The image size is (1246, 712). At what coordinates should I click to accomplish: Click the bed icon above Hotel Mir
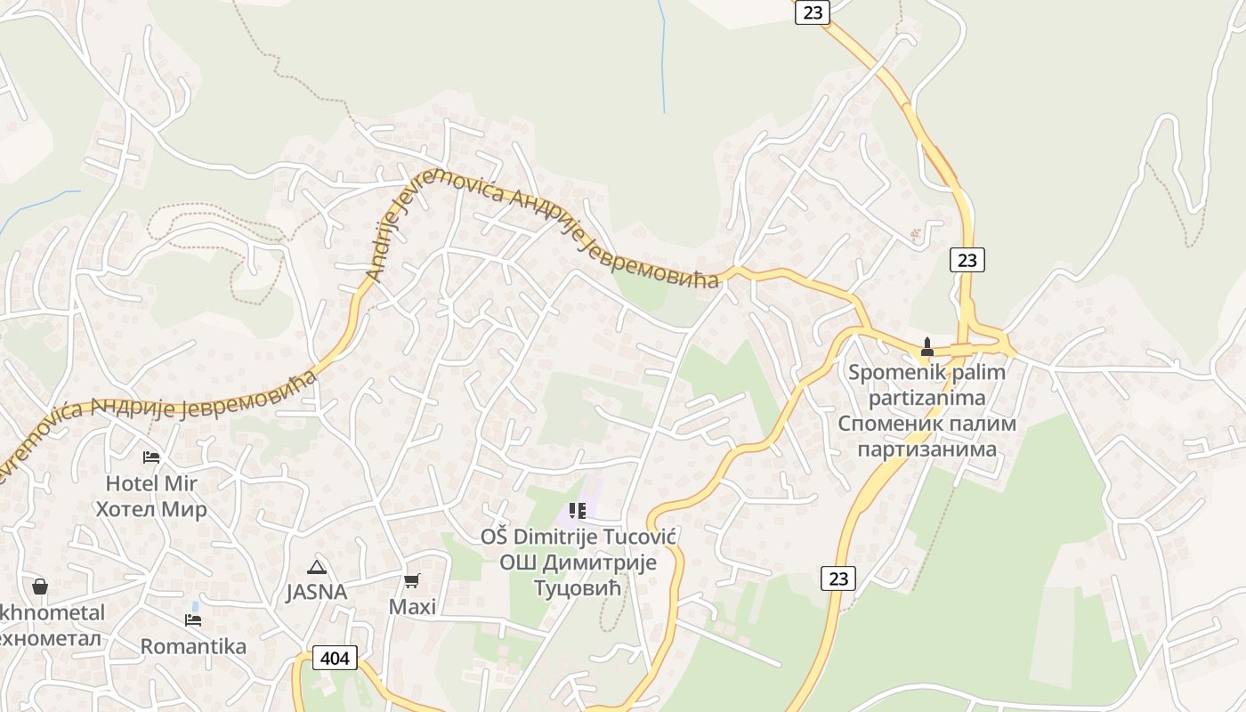[151, 457]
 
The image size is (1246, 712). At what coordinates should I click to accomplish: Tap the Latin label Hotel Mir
[151, 483]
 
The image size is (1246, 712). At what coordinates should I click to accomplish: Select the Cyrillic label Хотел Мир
[151, 509]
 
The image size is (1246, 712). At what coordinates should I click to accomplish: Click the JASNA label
[316, 592]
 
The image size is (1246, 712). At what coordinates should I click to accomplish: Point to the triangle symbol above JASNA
[316, 567]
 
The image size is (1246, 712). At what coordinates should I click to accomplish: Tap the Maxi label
[413, 607]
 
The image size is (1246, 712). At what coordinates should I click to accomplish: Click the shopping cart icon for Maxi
[411, 581]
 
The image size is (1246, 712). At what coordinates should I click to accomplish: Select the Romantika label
[193, 646]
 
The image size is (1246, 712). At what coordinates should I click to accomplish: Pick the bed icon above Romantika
[192, 619]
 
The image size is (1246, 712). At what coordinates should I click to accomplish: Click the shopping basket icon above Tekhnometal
[40, 587]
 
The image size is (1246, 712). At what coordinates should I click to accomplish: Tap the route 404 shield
[335, 659]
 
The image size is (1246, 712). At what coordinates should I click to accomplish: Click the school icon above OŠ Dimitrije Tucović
[578, 511]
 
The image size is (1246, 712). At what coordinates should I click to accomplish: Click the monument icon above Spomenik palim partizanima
[926, 347]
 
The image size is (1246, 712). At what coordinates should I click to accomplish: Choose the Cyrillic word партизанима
[926, 449]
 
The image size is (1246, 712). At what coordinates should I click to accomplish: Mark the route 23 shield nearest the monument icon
[967, 260]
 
